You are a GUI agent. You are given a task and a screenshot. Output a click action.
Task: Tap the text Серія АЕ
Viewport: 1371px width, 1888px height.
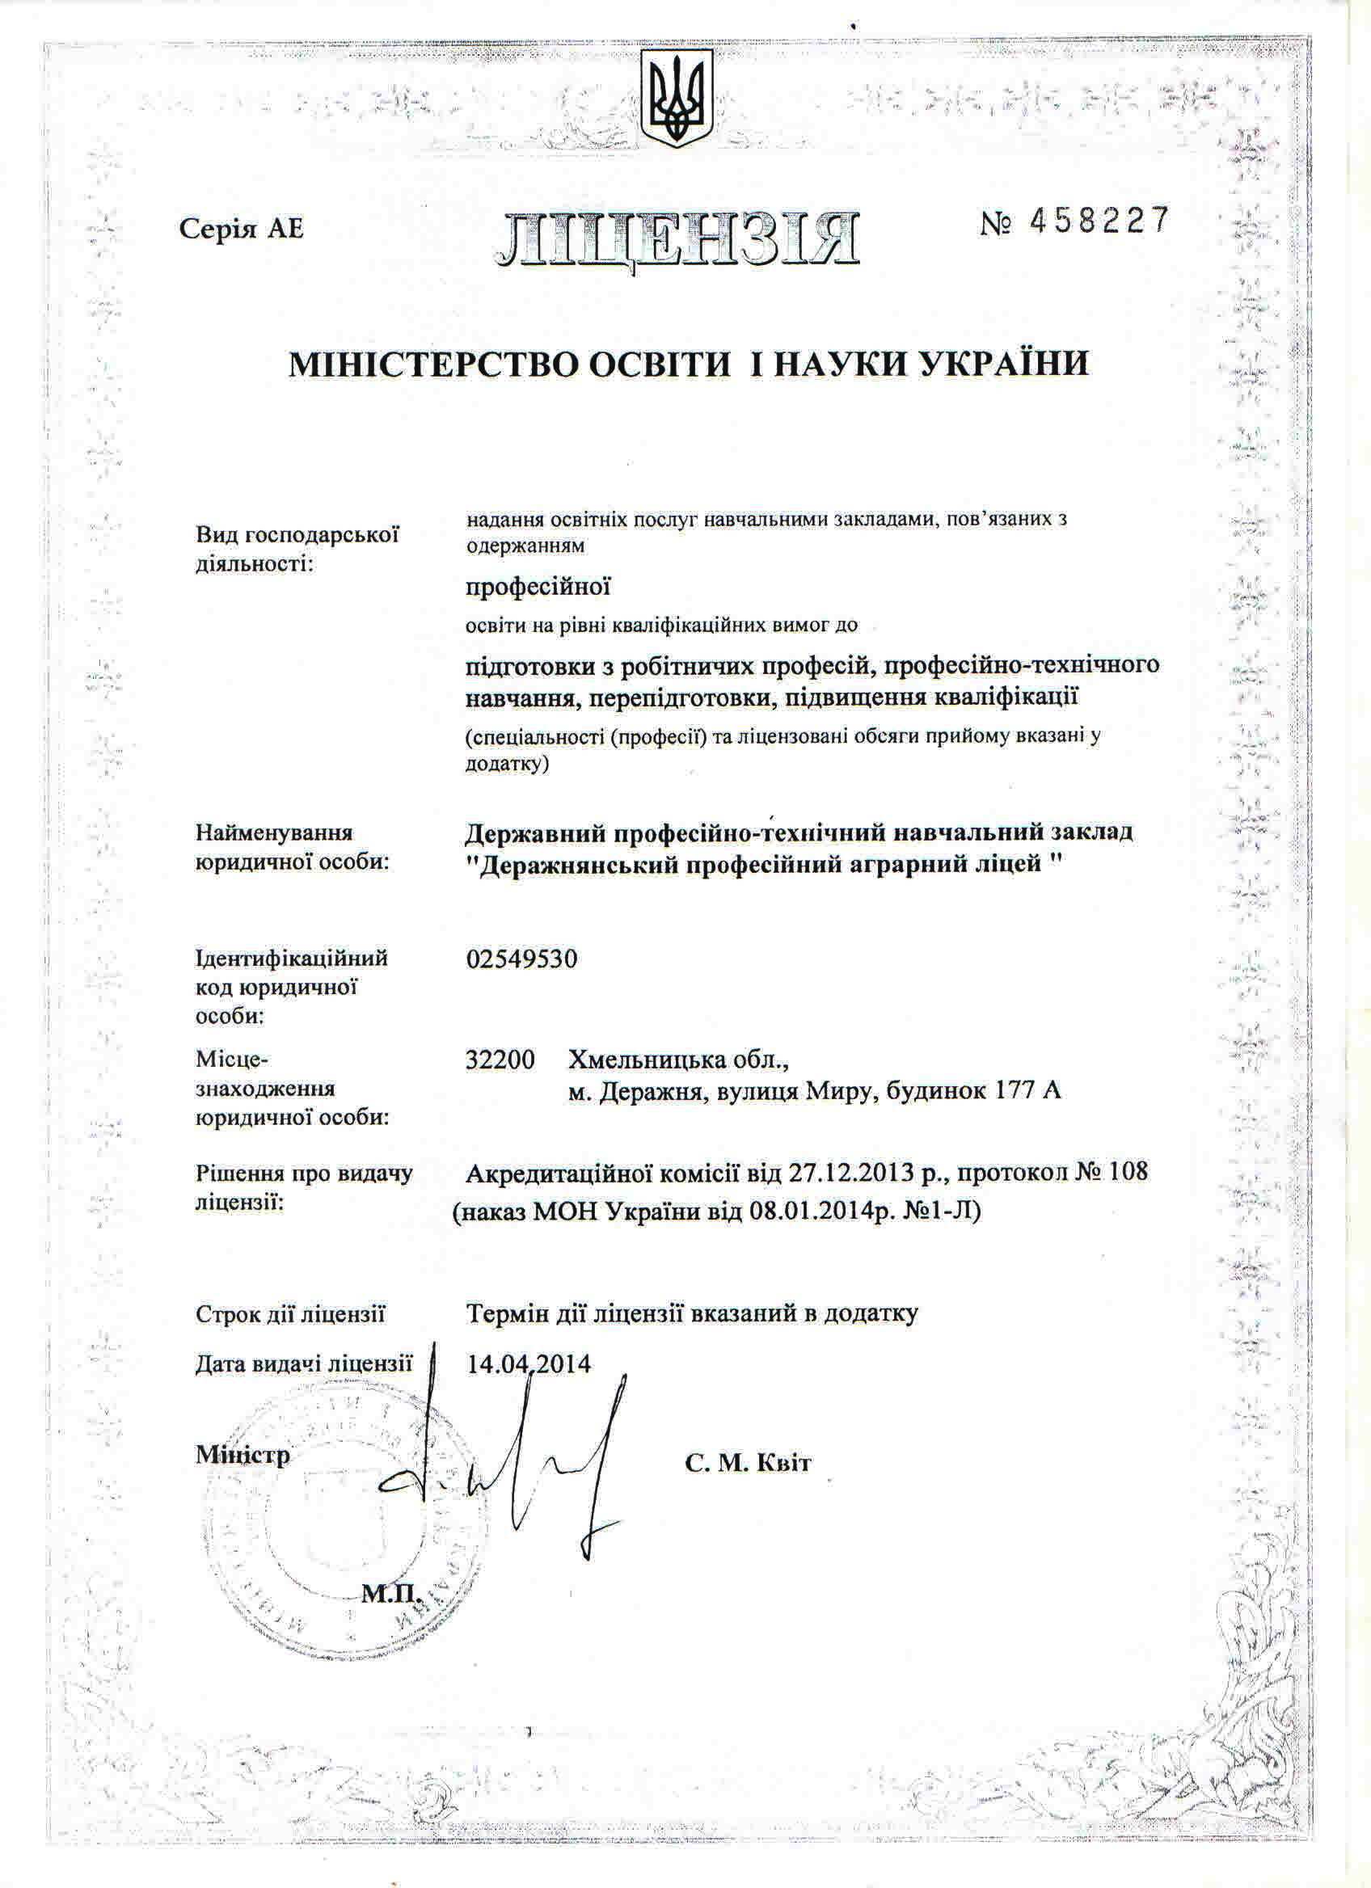pos(242,229)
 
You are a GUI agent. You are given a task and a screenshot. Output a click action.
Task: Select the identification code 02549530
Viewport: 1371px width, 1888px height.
pos(521,960)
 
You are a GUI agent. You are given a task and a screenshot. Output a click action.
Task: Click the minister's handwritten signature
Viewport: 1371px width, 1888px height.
pos(500,1465)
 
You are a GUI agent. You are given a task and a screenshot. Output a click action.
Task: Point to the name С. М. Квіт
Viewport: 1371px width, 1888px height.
pos(749,1464)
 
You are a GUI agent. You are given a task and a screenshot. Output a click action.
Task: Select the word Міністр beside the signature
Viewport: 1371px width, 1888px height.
pos(243,1455)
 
